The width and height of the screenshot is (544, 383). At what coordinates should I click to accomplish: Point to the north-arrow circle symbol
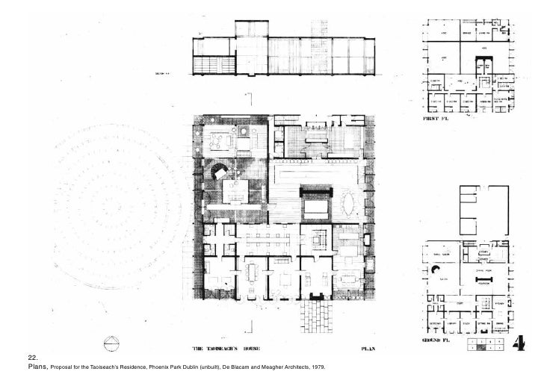[x=111, y=344]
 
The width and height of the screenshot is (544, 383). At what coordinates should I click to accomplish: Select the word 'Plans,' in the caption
[x=37, y=368]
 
